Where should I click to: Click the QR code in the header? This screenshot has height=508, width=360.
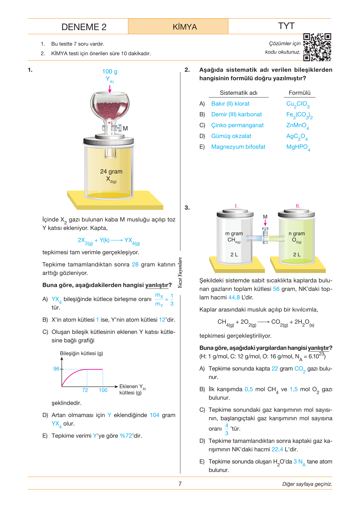tap(317, 47)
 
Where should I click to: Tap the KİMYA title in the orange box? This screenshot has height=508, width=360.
tap(185, 27)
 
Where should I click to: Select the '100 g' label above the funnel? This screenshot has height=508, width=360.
tap(110, 71)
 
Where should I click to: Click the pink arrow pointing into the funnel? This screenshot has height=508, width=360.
tap(110, 89)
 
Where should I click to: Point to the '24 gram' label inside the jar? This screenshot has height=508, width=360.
tap(111, 171)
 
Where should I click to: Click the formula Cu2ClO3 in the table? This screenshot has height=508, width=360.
tap(298, 104)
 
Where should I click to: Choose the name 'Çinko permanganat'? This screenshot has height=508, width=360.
tap(238, 125)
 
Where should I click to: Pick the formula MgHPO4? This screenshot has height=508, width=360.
tap(298, 147)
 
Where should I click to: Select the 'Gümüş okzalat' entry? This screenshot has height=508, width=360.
tap(231, 136)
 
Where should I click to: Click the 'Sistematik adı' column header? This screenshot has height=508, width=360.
tap(238, 93)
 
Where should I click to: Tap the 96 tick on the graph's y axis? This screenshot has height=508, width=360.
tap(56, 369)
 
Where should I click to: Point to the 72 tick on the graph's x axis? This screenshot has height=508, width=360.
tap(85, 390)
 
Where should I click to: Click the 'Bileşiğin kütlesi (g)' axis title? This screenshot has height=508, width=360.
tap(81, 353)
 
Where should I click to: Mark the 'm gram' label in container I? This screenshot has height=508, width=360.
tap(234, 233)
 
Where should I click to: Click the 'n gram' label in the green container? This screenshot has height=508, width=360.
tap(296, 233)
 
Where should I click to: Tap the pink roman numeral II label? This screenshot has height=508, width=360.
tap(298, 206)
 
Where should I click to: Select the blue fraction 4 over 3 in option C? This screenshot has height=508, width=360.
tap(226, 429)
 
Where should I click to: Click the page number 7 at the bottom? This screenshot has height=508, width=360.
tap(180, 484)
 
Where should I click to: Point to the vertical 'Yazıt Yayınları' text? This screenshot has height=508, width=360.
tap(180, 273)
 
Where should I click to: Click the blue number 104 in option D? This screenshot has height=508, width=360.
tap(155, 415)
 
